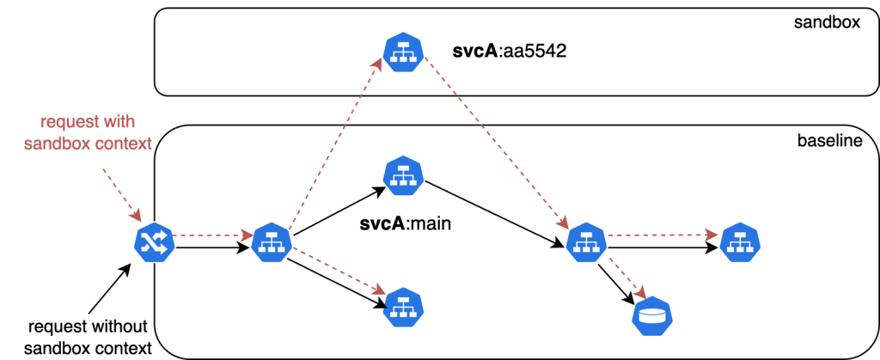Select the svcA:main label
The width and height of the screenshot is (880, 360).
405,225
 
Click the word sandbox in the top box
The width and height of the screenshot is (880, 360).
827,22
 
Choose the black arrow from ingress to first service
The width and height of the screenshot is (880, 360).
211,248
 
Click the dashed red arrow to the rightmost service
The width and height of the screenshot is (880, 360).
662,233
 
